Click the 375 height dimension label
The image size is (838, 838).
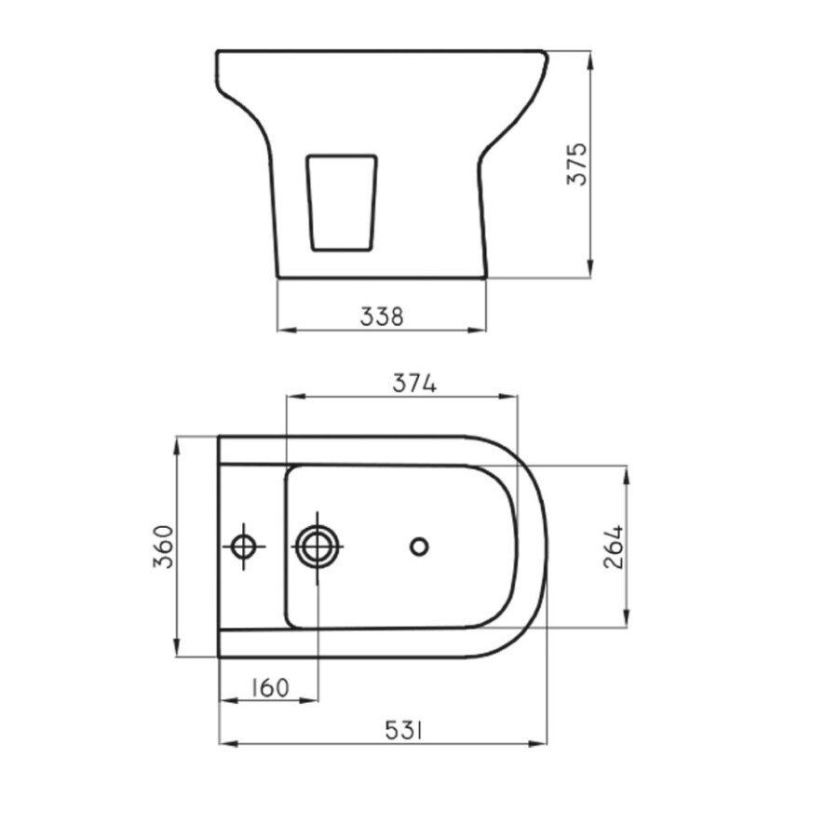577,164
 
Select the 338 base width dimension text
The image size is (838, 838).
382,317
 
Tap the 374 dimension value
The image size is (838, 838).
414,383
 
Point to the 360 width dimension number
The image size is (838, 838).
164,547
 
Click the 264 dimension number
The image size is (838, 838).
612,547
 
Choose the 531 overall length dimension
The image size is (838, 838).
404,731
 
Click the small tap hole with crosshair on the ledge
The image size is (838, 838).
244,547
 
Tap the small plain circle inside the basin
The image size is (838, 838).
419,547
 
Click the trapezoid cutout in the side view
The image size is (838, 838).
342,202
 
